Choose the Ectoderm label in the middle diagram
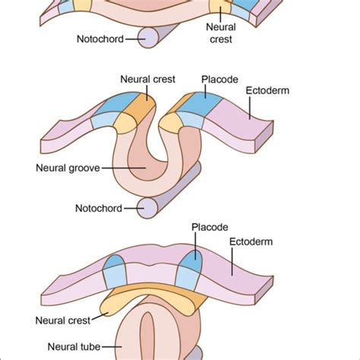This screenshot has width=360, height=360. (270, 90)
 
